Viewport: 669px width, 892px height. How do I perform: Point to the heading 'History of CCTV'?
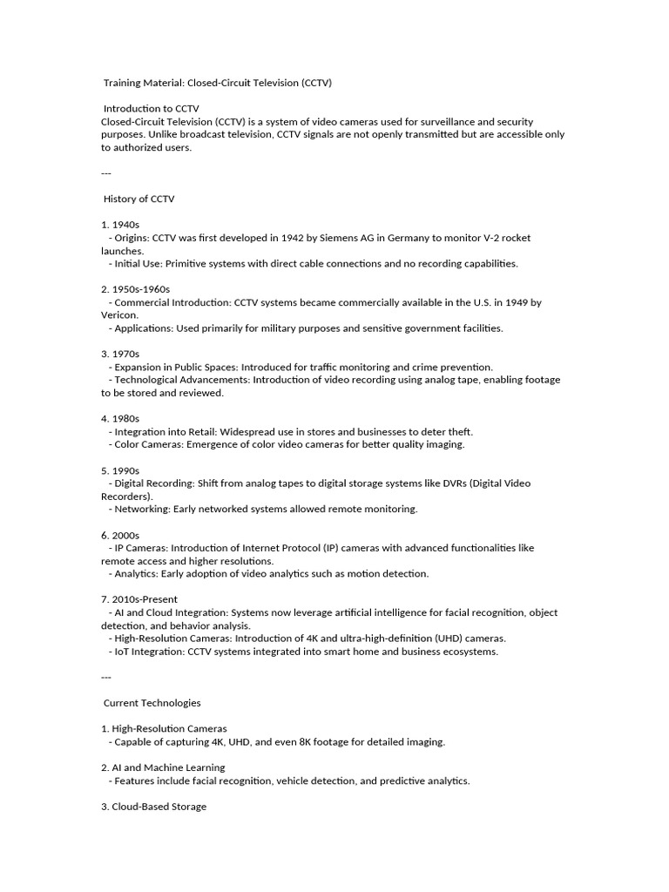point(139,199)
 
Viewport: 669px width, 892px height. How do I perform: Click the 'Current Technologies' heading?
point(152,702)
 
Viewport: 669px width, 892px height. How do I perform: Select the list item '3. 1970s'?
point(120,354)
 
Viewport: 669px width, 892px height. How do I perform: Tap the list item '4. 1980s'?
point(120,418)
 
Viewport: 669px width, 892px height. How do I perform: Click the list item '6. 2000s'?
point(120,535)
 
